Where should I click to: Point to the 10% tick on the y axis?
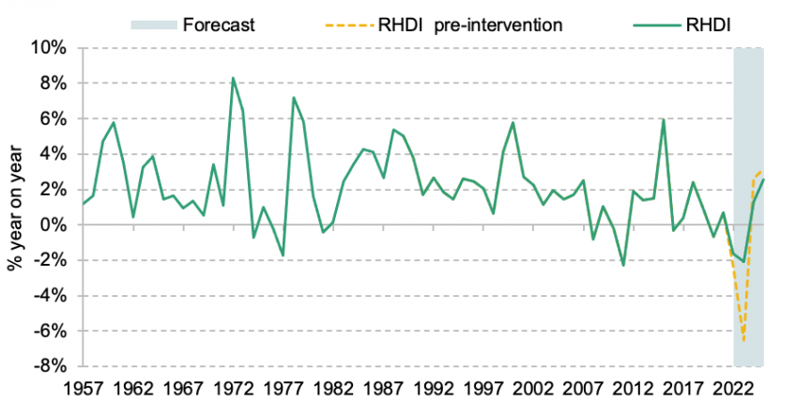[51, 48]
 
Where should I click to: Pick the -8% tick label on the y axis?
[52, 366]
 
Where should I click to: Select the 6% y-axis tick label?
[54, 119]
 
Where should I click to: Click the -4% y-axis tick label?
[52, 296]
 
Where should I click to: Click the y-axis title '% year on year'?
[16, 207]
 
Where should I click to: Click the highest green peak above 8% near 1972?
[233, 78]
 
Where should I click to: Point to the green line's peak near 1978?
[294, 98]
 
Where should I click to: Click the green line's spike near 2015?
[663, 120]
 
